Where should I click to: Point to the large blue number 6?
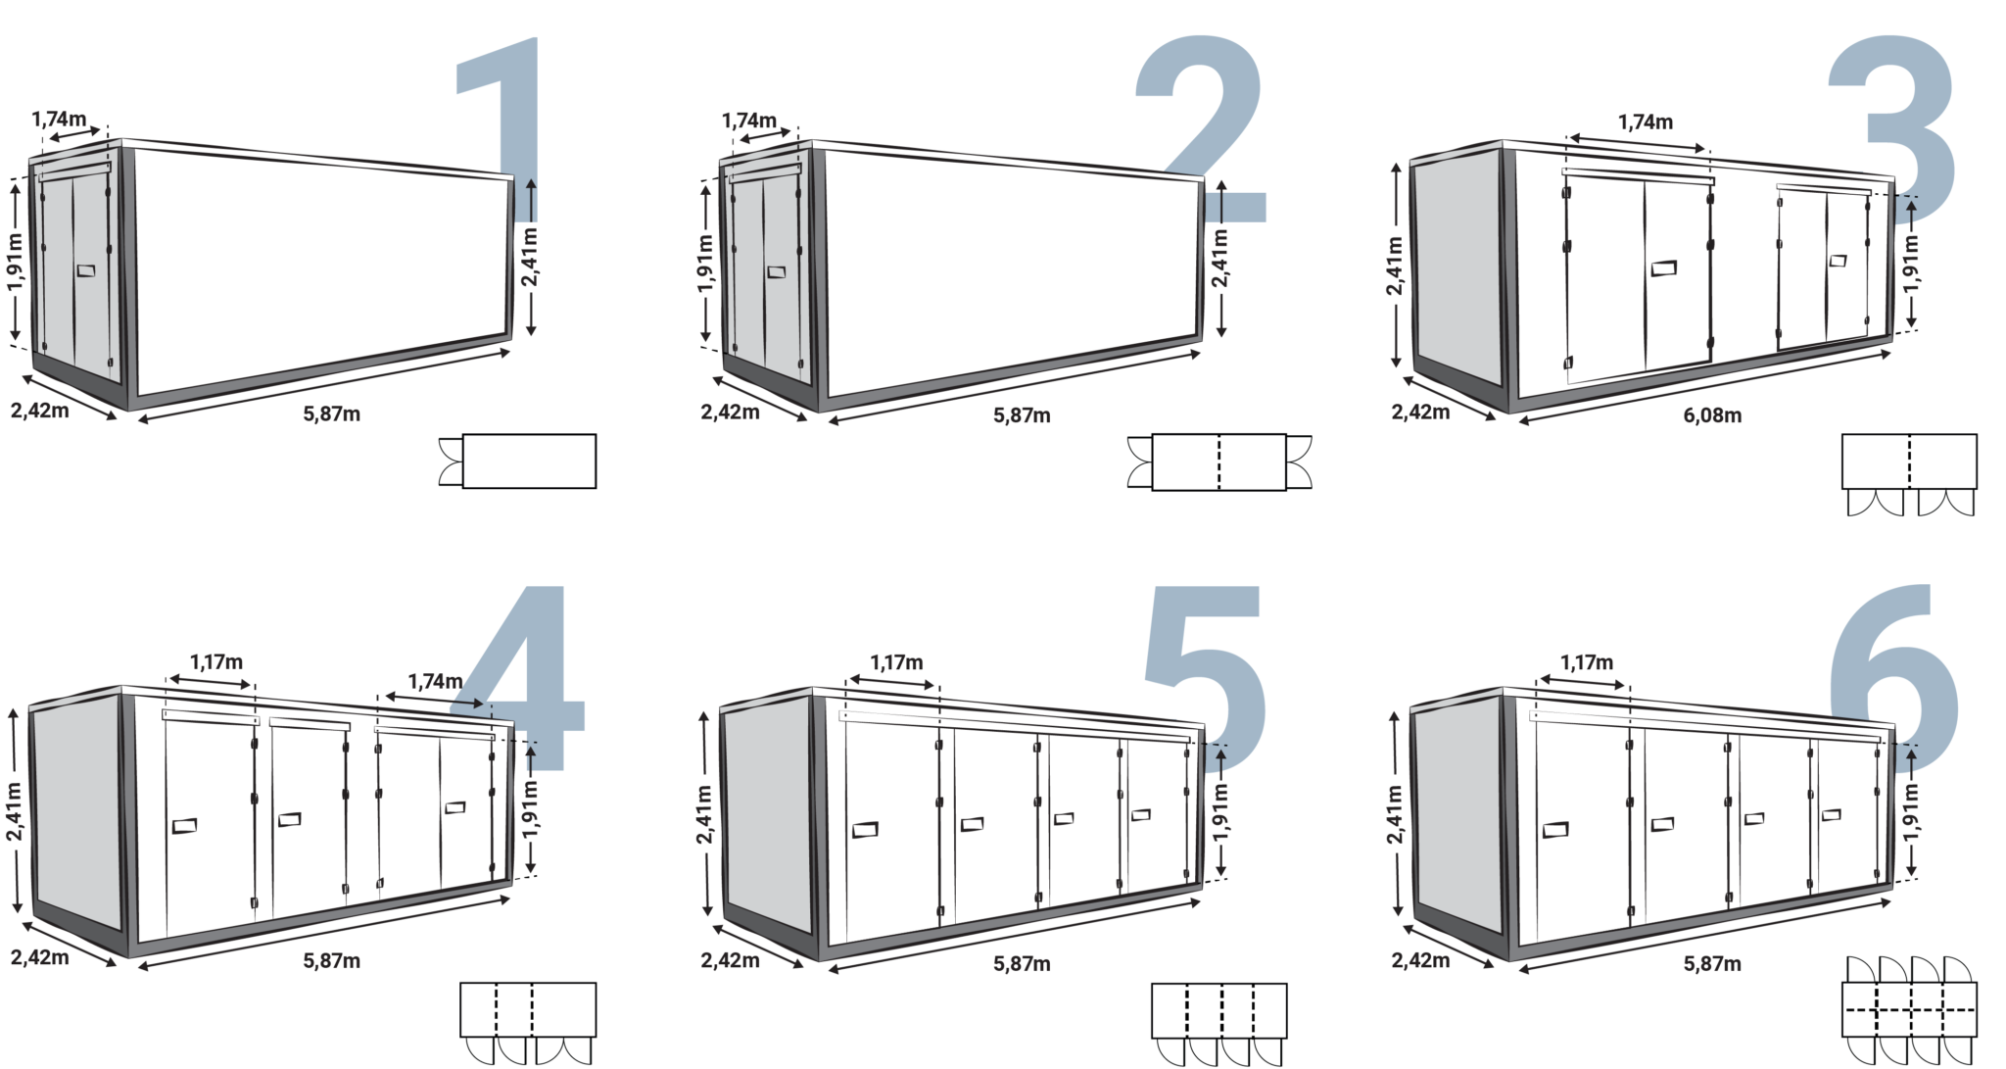click(x=1895, y=676)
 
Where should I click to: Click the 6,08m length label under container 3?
click(x=1712, y=415)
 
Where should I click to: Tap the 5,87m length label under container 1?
click(x=333, y=413)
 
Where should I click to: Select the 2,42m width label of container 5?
click(x=730, y=957)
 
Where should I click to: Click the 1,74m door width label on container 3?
click(x=1646, y=122)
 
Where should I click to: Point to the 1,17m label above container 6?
click(x=1587, y=663)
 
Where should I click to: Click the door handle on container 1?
click(x=86, y=269)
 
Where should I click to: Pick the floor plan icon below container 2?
click(x=1218, y=462)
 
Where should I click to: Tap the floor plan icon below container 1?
click(x=528, y=462)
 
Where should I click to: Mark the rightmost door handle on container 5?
click(x=1141, y=814)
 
